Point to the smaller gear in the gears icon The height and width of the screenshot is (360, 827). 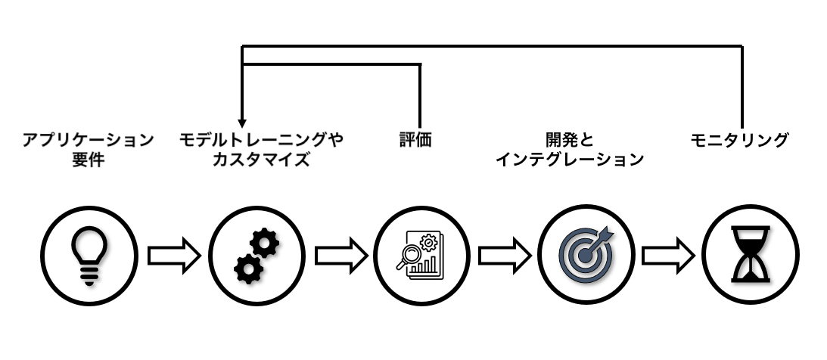tap(245, 268)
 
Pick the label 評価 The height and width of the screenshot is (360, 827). tap(415, 140)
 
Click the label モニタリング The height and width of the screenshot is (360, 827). tap(740, 140)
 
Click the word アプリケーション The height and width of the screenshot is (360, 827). tap(89, 140)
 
